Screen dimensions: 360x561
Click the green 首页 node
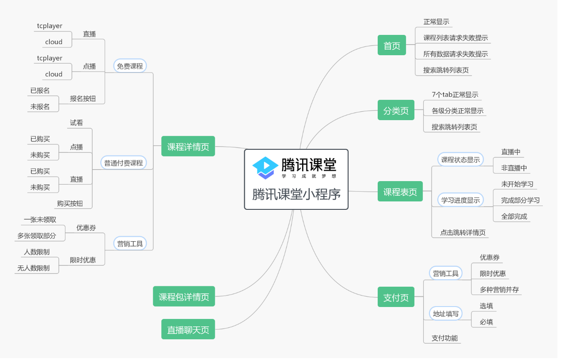(392, 45)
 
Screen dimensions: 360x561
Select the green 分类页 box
(396, 110)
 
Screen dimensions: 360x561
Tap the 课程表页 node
(400, 192)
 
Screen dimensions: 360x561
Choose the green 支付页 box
(396, 297)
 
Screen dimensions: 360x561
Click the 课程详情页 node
(188, 146)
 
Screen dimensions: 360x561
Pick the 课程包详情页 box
(184, 297)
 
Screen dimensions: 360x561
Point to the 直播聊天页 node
(188, 330)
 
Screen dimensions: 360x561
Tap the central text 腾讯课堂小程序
(296, 194)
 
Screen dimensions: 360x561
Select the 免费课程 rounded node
(130, 66)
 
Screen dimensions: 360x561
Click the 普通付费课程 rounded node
(124, 163)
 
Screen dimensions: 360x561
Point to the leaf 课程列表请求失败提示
(455, 38)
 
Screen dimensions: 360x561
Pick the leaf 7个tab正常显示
(455, 95)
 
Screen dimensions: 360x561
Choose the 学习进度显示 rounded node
(460, 200)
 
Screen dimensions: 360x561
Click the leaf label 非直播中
(514, 168)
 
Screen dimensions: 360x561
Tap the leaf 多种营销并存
(499, 290)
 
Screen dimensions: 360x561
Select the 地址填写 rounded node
(446, 314)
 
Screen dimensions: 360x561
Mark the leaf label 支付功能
(444, 338)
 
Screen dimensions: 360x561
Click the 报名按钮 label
(83, 99)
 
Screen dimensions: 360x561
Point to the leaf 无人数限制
(34, 268)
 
